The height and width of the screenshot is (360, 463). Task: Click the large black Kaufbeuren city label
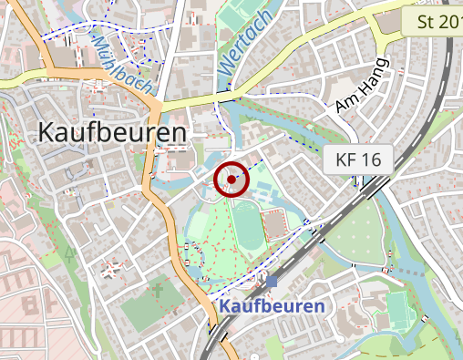[113, 132]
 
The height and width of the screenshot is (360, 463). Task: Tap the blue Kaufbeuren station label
[273, 305]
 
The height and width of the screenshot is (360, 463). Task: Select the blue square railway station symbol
[273, 283]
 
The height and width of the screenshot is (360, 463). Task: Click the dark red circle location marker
[232, 180]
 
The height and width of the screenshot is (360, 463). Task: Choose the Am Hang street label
[363, 87]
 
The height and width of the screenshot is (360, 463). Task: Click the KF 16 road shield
[357, 159]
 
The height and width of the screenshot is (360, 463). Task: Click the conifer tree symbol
[70, 252]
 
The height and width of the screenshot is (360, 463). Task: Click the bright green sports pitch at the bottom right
[399, 311]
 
